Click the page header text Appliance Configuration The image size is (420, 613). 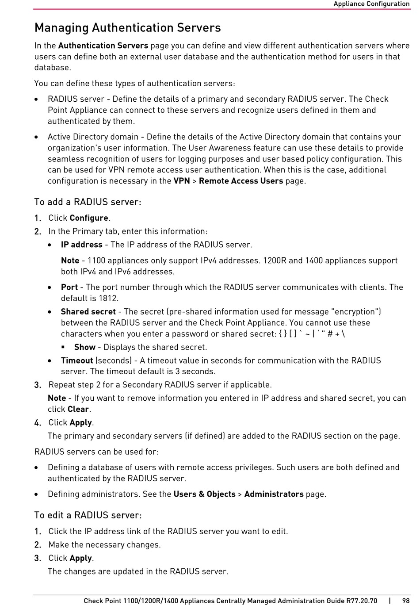coord(371,4)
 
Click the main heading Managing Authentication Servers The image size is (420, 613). coord(127,28)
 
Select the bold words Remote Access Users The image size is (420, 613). coord(241,181)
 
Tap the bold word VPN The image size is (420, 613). coord(182,181)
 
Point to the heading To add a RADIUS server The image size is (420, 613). coord(88,202)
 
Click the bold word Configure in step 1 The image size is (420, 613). coord(89,218)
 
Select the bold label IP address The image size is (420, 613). coord(82,245)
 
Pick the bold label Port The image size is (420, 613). coord(69,287)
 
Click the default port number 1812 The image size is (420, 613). coord(108,299)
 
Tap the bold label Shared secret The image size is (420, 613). coord(88,312)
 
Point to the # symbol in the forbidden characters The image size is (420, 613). coord(330,334)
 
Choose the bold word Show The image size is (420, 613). coord(85,347)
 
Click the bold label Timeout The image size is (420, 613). coord(77,360)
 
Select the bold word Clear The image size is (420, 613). coord(78,409)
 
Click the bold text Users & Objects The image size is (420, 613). coord(204,494)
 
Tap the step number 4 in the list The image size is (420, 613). coord(38,423)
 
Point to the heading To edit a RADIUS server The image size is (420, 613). coord(88,515)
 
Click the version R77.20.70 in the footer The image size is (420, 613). coord(362,601)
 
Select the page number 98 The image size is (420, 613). coord(406,601)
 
